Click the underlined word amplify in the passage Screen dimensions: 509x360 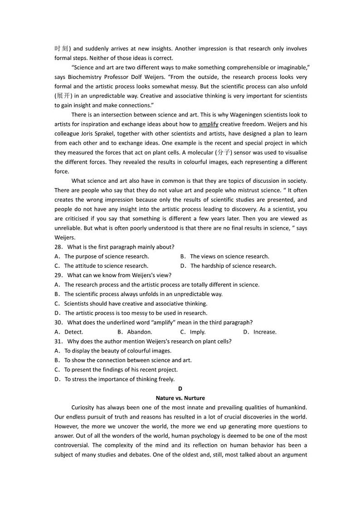point(209,124)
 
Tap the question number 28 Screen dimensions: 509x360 point(58,247)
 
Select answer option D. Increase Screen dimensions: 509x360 point(260,332)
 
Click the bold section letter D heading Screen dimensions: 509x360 point(180,388)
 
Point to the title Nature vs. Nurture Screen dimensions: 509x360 point(180,398)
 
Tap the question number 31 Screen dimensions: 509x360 point(58,341)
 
